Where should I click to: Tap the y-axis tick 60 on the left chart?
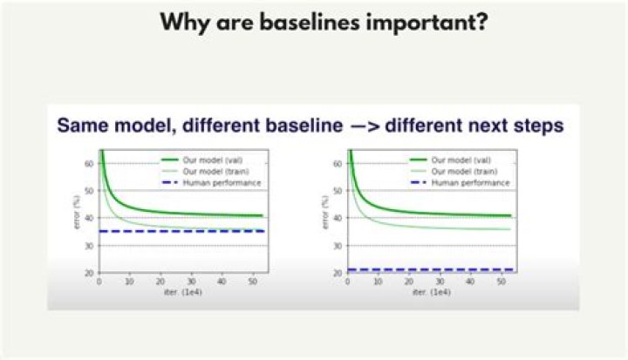[x=89, y=163]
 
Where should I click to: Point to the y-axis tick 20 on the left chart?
[x=89, y=273]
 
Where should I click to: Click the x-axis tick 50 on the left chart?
[x=253, y=282]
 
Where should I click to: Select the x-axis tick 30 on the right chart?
[x=440, y=282]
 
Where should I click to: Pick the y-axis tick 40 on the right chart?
[x=338, y=218]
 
